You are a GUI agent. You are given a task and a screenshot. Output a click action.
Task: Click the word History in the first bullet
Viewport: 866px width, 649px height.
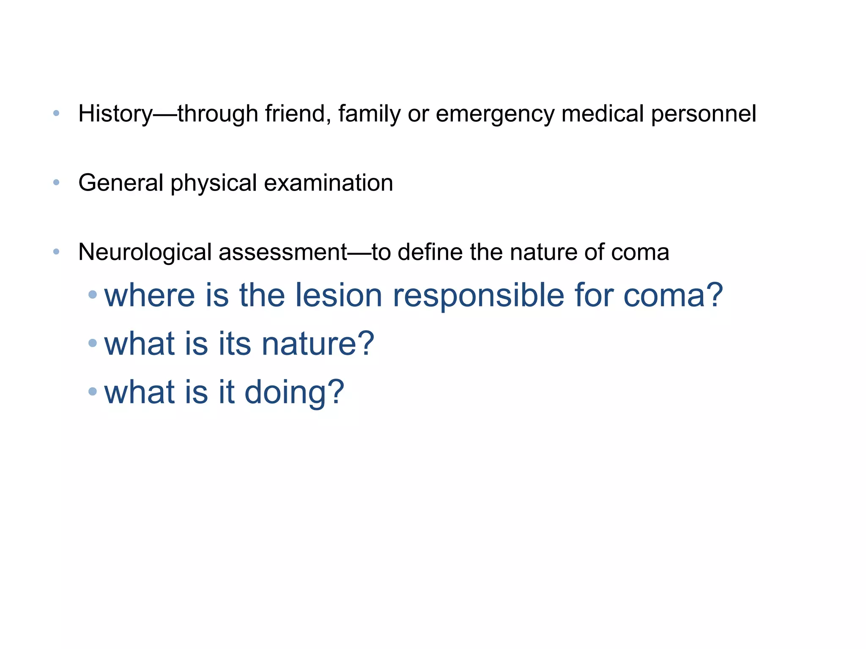(115, 114)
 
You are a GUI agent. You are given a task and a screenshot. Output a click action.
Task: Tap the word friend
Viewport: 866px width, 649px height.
(297, 114)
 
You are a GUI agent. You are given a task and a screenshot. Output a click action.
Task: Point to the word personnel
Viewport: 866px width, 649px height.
(703, 114)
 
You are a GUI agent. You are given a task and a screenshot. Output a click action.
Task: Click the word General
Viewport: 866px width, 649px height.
(121, 183)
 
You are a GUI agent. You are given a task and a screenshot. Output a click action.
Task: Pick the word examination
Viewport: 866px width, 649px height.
(328, 183)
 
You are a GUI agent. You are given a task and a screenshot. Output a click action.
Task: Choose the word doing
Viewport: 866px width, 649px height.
(294, 392)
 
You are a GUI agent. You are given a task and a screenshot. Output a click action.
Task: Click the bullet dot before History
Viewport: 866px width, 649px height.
(56, 113)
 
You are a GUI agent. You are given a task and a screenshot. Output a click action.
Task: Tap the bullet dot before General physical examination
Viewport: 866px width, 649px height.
(56, 183)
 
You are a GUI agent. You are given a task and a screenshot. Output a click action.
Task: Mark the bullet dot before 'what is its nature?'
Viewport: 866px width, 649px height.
(93, 343)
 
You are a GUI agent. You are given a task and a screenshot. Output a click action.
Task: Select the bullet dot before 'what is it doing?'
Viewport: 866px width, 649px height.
(93, 391)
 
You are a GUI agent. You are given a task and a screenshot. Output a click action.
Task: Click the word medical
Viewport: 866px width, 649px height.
(603, 114)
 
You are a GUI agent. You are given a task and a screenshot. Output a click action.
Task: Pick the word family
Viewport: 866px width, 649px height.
(369, 114)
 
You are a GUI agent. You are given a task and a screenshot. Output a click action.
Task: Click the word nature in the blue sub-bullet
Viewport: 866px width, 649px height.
(318, 344)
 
